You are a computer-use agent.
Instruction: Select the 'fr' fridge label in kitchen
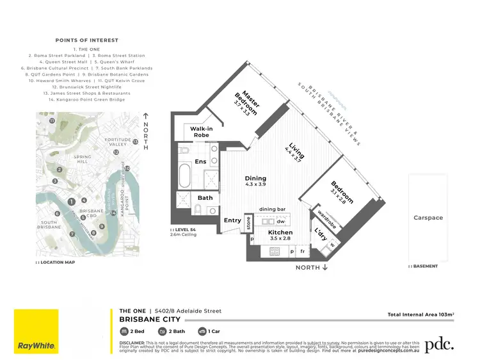pos(303,252)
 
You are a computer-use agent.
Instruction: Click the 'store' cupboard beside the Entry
pos(248,223)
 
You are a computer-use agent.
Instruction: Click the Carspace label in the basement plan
pos(428,218)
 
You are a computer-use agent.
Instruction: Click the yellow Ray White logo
pos(36,331)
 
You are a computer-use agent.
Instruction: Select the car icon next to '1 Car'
pos(202,331)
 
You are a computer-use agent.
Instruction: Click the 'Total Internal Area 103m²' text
pos(420,315)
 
